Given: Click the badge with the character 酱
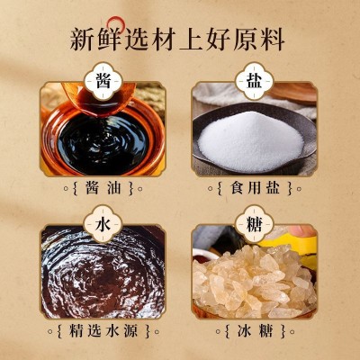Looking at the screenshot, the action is [103, 81].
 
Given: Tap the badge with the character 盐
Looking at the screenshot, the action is [255, 81].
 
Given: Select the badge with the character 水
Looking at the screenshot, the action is [103, 224].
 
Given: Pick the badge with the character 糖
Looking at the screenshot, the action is [255, 224].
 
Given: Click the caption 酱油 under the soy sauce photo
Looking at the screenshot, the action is [103, 188].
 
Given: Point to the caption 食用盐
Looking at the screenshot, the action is [255, 188].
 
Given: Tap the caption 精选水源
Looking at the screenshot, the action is [103, 331].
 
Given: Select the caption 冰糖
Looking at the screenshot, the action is [255, 331].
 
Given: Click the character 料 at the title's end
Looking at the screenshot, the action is [272, 40].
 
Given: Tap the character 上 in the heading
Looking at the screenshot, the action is [191, 40].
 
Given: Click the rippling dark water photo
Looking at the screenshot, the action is [103, 272].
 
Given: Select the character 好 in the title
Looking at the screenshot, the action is [218, 40].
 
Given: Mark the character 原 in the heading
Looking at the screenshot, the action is [245, 40].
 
